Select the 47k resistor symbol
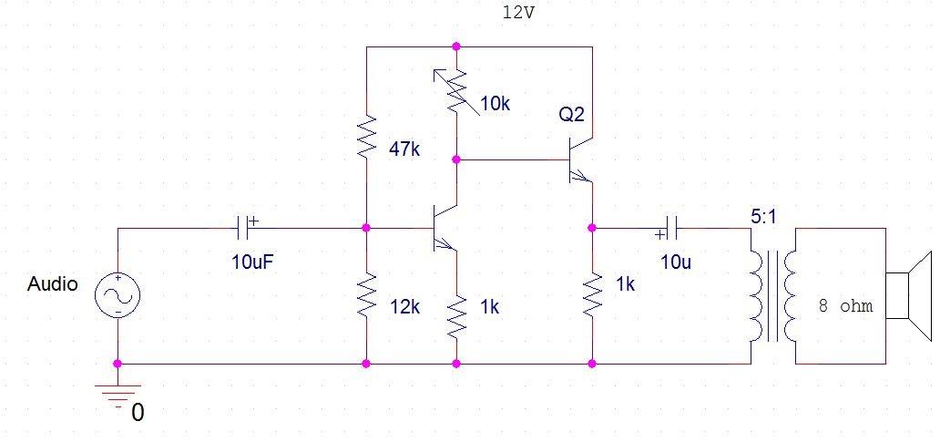pos(366,136)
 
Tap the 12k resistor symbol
pos(366,295)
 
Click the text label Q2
pos(573,115)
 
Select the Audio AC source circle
pos(117,294)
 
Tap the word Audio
pos(53,284)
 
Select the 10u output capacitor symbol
pos(671,226)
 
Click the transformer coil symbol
pos(772,294)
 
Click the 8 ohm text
pos(846,306)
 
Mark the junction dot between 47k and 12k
pos(366,226)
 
